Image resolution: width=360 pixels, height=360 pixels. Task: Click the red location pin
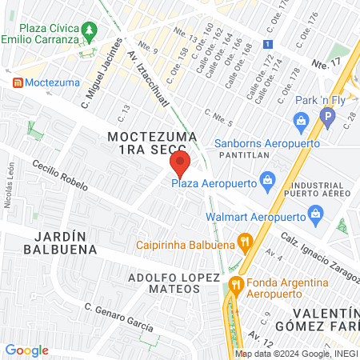179,166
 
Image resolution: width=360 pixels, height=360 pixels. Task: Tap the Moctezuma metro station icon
16,82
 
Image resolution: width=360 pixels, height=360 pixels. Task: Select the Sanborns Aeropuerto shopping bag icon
301,122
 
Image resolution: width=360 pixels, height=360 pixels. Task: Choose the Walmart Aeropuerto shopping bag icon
316,214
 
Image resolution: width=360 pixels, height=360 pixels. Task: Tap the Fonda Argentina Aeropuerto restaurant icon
235,284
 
